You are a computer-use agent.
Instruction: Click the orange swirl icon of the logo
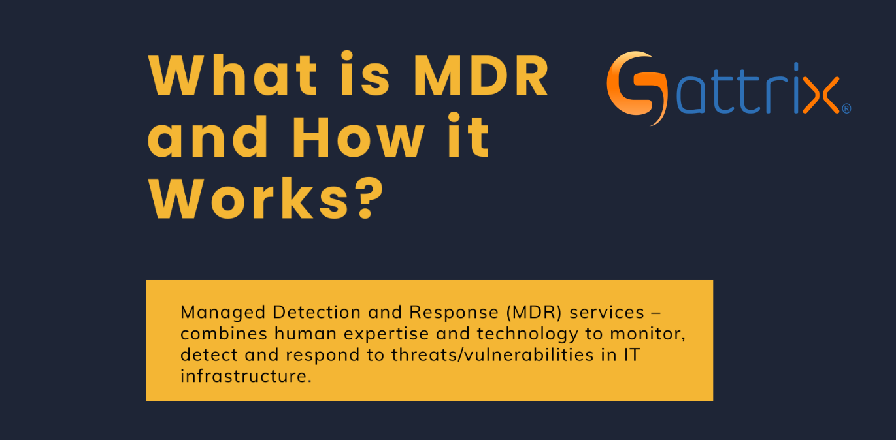637,87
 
